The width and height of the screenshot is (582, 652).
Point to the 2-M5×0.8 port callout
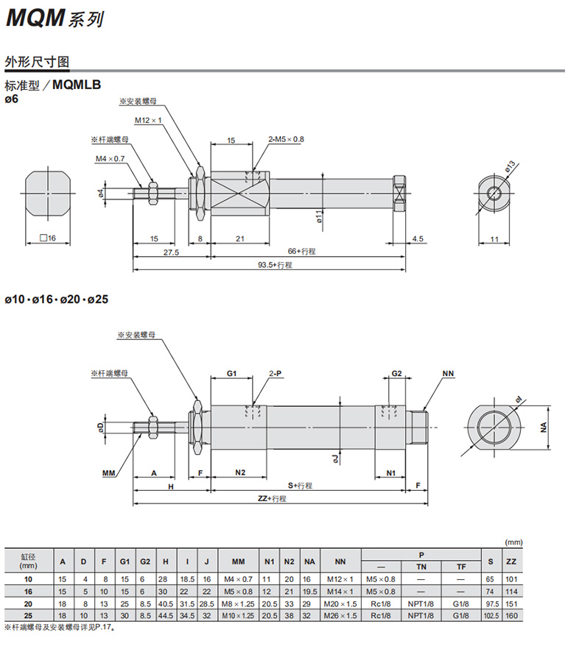tap(287, 139)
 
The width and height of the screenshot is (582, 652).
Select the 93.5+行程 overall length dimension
tap(273, 265)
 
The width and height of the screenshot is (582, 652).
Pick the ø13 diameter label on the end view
tap(510, 169)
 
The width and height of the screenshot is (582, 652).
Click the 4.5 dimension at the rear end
tap(418, 238)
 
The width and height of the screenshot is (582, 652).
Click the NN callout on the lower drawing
tap(448, 374)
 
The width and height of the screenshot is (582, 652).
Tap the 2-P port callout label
tap(276, 374)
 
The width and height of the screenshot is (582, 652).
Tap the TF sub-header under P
tap(460, 567)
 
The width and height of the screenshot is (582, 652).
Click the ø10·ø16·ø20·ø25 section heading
tap(57, 300)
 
